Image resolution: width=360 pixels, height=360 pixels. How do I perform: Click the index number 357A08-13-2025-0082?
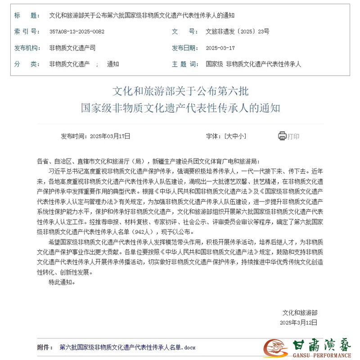click(77, 31)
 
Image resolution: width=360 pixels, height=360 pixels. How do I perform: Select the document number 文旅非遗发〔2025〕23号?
click(237, 31)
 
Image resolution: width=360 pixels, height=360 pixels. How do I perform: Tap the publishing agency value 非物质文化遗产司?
click(72, 48)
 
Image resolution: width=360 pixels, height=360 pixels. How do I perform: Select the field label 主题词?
click(185, 64)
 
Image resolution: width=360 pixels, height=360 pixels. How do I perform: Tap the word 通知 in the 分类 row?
click(113, 64)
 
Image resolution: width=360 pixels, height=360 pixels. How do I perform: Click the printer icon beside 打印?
click(282, 136)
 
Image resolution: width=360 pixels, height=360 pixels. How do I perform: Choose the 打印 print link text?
click(293, 136)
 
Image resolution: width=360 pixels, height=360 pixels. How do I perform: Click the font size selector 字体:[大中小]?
click(226, 136)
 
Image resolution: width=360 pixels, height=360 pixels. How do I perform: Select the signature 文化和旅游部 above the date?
click(299, 312)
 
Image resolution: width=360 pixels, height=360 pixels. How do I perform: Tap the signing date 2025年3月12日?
click(298, 322)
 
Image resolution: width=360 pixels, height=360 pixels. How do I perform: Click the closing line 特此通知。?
click(62, 282)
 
